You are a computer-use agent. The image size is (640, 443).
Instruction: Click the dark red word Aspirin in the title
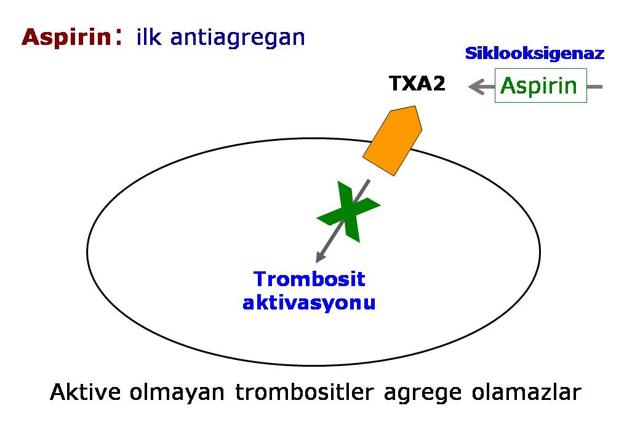tap(65, 38)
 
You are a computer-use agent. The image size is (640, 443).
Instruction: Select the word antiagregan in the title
tap(238, 38)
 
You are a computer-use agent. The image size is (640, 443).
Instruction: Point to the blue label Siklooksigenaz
tap(534, 54)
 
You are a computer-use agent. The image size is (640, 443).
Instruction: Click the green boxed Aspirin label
tap(540, 86)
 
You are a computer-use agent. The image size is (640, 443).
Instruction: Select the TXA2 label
tap(417, 84)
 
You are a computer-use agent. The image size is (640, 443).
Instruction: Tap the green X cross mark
tap(348, 211)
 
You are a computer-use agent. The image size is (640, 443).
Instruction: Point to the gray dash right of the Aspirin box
tap(595, 87)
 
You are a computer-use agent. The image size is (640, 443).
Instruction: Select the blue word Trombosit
tap(310, 279)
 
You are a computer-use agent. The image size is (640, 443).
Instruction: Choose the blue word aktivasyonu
tap(309, 303)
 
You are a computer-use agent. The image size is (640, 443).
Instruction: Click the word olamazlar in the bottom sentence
tap(527, 392)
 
